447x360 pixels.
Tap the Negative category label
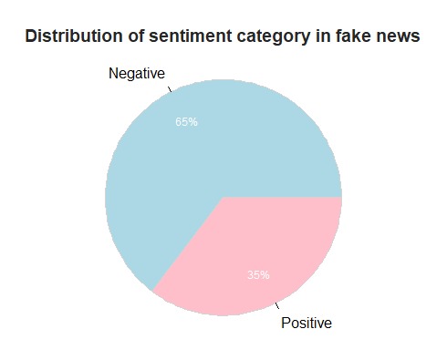click(137, 74)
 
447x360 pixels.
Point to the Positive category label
click(307, 323)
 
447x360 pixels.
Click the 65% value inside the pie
click(186, 122)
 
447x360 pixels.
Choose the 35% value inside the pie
click(258, 275)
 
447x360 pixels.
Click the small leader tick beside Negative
click(169, 88)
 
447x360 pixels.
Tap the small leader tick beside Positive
click(276, 305)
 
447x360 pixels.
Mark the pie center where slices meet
click(223, 197)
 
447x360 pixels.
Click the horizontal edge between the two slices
click(283, 197)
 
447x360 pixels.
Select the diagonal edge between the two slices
click(188, 244)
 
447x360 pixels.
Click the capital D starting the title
click(31, 36)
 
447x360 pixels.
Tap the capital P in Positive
click(286, 323)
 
